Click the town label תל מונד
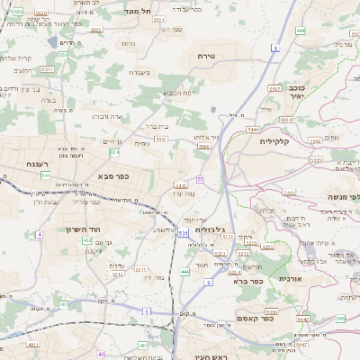(141, 11)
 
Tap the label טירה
(208, 56)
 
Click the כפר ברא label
(247, 281)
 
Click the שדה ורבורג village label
(107, 116)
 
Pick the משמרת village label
(139, 72)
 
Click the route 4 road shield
(40, 234)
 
